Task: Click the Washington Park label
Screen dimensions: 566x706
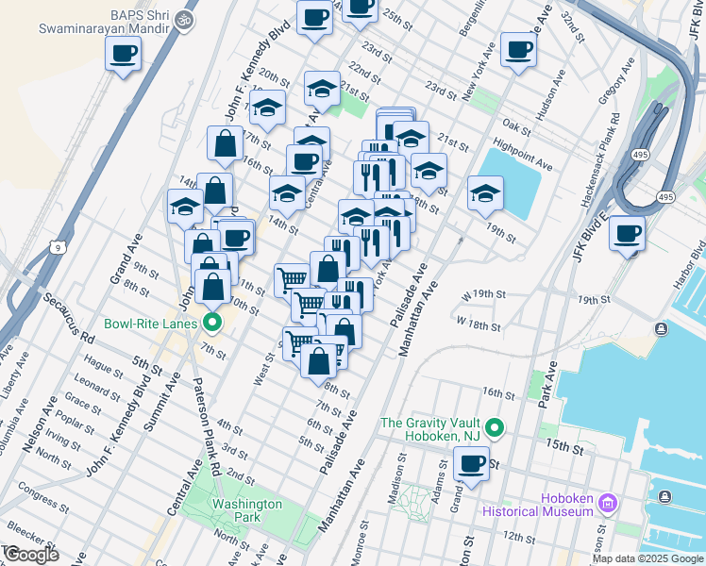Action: pyautogui.click(x=246, y=510)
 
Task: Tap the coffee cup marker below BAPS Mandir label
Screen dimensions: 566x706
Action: pyautogui.click(x=122, y=54)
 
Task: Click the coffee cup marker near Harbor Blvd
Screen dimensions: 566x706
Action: pyautogui.click(x=627, y=232)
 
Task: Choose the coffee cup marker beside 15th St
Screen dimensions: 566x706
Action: pyautogui.click(x=471, y=463)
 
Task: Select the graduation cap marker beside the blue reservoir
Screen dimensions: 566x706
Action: pyautogui.click(x=486, y=194)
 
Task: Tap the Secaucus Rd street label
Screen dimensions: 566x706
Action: pyautogui.click(x=67, y=317)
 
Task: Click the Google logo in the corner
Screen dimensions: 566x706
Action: pyautogui.click(x=30, y=555)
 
